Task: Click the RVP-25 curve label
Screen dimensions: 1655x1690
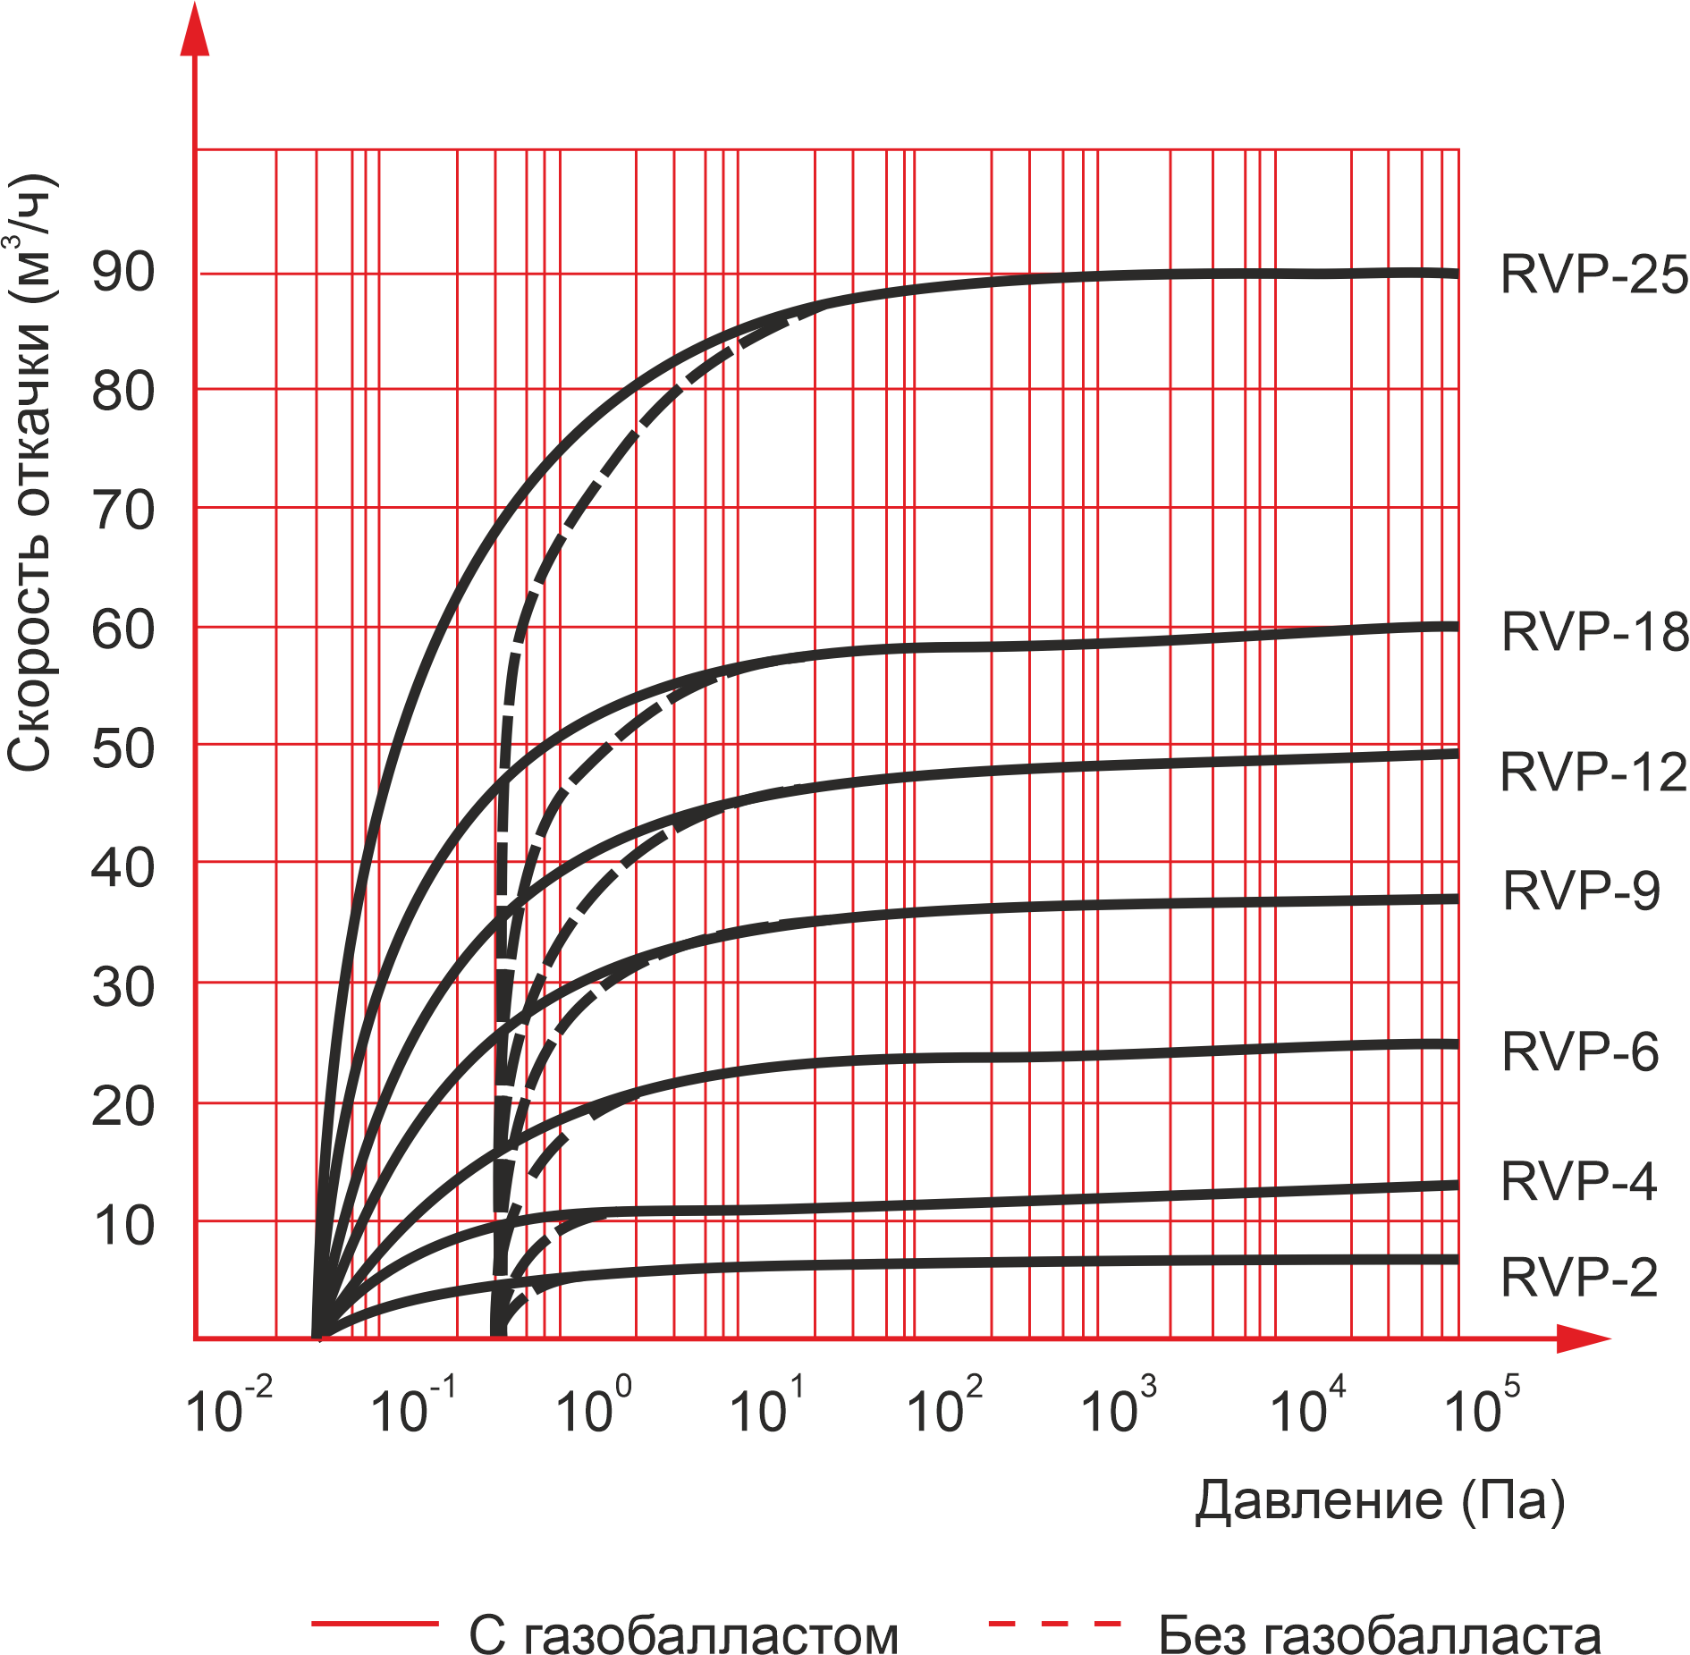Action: click(x=1593, y=274)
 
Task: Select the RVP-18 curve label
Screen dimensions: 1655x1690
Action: click(x=1594, y=632)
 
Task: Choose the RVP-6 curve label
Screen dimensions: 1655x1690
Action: click(x=1580, y=1051)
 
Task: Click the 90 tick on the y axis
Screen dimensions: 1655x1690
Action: click(x=123, y=272)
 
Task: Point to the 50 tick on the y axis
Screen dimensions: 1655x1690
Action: click(x=123, y=748)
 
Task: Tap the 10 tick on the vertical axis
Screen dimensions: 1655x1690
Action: click(x=123, y=1226)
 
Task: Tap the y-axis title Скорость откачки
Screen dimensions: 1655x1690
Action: click(x=32, y=474)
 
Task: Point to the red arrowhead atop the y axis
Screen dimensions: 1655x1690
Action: click(x=195, y=31)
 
